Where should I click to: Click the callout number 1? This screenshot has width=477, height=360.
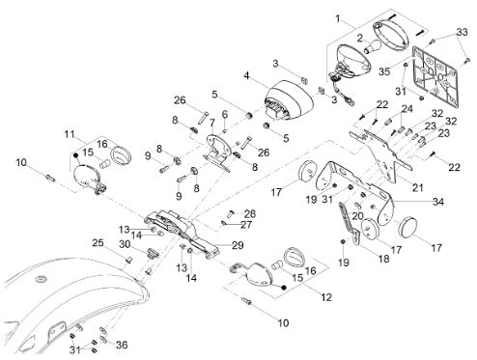tap(338, 18)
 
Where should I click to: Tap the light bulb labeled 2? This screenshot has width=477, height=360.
tap(373, 46)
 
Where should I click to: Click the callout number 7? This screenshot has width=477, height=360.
tap(211, 123)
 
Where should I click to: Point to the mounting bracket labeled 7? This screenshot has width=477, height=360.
tap(217, 152)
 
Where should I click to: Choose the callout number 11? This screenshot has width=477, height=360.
tap(70, 134)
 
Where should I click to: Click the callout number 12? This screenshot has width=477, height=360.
tap(326, 297)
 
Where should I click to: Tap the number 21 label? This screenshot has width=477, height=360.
tap(417, 187)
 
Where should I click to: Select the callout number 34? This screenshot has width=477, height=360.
tap(438, 202)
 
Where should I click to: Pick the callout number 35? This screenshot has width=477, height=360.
tap(384, 71)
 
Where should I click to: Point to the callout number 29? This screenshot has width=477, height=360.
tap(238, 245)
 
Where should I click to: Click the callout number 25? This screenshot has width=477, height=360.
tap(98, 242)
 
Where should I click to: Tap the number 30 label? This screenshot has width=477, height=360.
tap(125, 244)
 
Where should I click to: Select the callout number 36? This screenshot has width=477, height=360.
tap(122, 346)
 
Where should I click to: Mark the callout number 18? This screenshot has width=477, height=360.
tap(384, 259)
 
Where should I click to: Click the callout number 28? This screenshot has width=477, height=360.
tap(250, 213)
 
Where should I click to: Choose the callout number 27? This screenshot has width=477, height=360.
tap(246, 224)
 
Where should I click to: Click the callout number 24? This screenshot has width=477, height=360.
tap(407, 109)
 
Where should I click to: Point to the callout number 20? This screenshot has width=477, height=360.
tap(357, 216)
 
